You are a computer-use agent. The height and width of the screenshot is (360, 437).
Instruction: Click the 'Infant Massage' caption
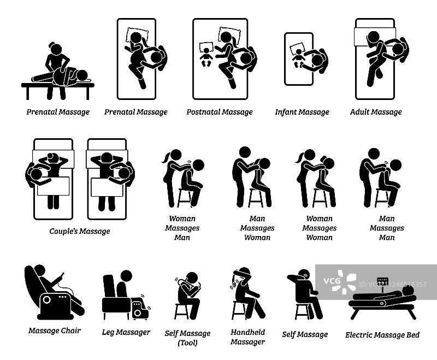[302, 112]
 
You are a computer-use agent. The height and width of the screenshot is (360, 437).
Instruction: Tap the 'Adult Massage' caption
[376, 112]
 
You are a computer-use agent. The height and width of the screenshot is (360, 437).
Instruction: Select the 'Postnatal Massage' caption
[220, 112]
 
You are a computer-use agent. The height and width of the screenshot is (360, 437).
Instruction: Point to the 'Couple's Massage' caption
[80, 231]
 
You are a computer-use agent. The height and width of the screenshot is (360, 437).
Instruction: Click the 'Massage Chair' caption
[55, 331]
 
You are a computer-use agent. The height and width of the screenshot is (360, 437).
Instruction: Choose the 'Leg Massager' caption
[126, 332]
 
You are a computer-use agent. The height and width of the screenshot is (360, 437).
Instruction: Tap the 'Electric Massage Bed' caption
[382, 335]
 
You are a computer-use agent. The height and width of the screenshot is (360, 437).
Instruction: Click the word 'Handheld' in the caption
[248, 332]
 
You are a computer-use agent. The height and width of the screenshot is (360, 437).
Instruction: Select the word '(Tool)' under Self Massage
[187, 343]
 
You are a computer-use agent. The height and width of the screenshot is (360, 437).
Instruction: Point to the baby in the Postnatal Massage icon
[206, 57]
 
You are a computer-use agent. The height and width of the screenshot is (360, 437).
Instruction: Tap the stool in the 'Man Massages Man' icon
[382, 197]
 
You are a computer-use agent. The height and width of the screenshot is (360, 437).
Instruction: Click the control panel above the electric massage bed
[382, 281]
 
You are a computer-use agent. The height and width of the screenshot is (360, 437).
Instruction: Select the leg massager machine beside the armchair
[139, 308]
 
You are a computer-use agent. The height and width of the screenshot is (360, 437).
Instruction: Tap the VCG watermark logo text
[332, 281]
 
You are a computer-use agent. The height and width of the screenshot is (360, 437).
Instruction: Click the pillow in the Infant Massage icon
[297, 48]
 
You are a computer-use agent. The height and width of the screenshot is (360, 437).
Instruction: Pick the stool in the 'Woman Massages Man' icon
[184, 198]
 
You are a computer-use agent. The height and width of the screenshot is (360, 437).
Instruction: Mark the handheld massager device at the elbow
[233, 284]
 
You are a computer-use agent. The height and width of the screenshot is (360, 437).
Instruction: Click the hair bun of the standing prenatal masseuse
[52, 45]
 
